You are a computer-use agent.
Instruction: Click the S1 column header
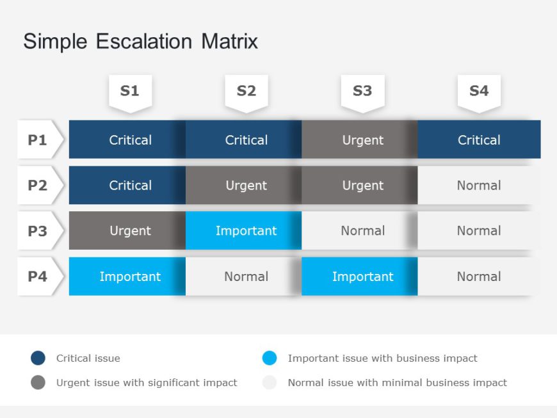[131, 93]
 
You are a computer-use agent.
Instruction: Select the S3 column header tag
[362, 93]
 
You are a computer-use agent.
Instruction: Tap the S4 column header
[479, 93]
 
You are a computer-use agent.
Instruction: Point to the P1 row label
[40, 140]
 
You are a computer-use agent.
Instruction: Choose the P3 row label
[40, 230]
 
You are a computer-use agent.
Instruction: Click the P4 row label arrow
[40, 277]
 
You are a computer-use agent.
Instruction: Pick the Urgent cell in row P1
[360, 140]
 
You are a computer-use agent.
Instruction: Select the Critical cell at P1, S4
[479, 140]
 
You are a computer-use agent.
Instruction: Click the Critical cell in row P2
[127, 185]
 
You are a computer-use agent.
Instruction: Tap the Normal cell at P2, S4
[479, 185]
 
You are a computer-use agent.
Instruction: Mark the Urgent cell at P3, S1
[127, 230]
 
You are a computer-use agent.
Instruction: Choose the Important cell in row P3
[243, 230]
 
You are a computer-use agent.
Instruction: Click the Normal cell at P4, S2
[243, 277]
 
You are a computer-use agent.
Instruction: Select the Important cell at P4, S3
[360, 277]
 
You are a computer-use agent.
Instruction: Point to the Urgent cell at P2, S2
[243, 185]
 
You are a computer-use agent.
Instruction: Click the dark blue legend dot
[38, 358]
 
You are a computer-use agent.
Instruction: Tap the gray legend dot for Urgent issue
[38, 383]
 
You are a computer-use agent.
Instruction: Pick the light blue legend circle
[270, 358]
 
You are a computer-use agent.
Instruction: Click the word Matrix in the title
[229, 41]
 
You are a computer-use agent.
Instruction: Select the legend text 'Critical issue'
[88, 358]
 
